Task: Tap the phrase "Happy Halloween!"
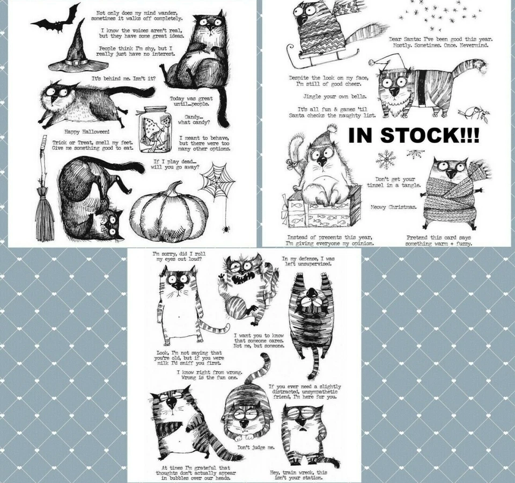(x=86, y=131)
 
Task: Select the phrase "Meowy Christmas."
(x=393, y=206)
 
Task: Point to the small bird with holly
(x=473, y=112)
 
